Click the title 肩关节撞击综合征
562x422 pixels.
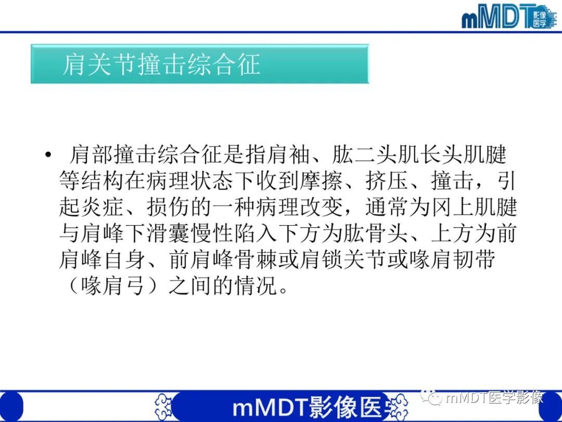click(x=161, y=65)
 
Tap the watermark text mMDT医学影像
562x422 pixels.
click(x=494, y=398)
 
